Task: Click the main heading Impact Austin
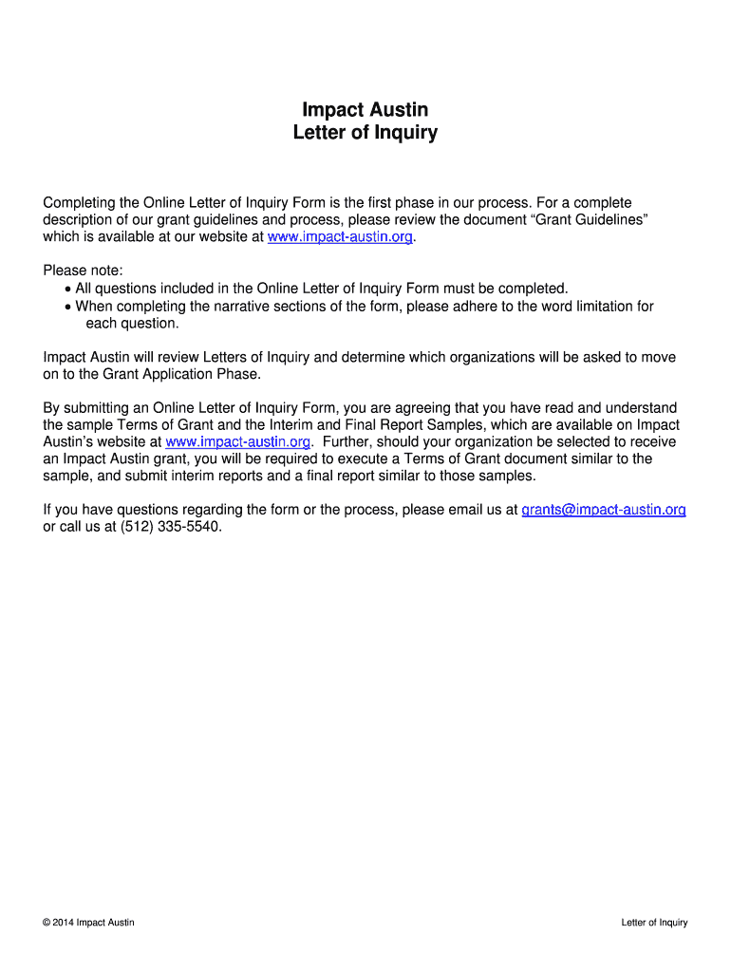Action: coord(365,110)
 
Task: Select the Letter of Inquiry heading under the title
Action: coord(365,133)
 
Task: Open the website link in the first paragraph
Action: coord(341,237)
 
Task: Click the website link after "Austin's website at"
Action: coord(238,441)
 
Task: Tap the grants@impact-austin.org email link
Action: coord(604,510)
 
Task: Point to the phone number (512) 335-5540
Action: coord(171,527)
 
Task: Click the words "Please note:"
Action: coord(84,271)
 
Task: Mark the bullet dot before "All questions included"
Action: coord(67,290)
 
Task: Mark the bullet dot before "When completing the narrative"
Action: coord(67,307)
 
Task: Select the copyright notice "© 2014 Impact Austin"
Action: coord(88,923)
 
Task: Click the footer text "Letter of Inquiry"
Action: coord(654,923)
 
